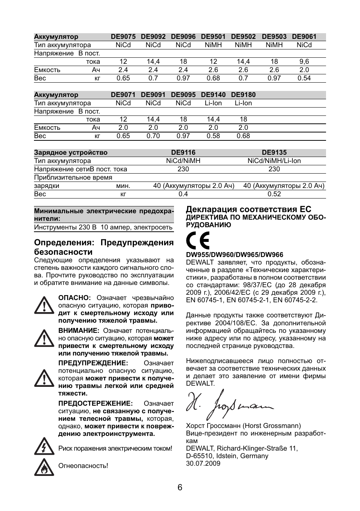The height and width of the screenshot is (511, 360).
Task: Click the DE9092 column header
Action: (x=153, y=37)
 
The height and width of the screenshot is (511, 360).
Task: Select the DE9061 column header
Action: (x=304, y=37)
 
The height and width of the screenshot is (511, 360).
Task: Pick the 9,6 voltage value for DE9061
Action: (x=304, y=62)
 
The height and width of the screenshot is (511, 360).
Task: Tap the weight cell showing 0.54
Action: (x=304, y=78)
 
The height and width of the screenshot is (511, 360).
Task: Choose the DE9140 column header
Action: (x=213, y=95)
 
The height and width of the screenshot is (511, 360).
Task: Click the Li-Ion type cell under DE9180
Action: (x=243, y=103)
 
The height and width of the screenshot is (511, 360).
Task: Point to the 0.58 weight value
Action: (x=213, y=136)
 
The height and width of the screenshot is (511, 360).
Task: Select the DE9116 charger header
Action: (x=183, y=152)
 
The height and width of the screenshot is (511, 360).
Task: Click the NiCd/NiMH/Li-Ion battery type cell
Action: (x=274, y=161)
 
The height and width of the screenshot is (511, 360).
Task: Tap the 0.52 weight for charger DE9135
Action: (x=274, y=194)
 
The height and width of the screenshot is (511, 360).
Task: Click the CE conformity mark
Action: (x=198, y=241)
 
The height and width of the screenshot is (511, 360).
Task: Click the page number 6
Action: (x=180, y=487)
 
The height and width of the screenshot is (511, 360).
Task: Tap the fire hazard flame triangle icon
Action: (x=44, y=467)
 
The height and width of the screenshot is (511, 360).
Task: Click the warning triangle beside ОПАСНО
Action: (x=44, y=305)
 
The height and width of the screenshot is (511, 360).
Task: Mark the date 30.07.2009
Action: (x=203, y=463)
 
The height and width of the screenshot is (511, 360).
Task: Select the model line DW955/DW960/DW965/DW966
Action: (x=234, y=255)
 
